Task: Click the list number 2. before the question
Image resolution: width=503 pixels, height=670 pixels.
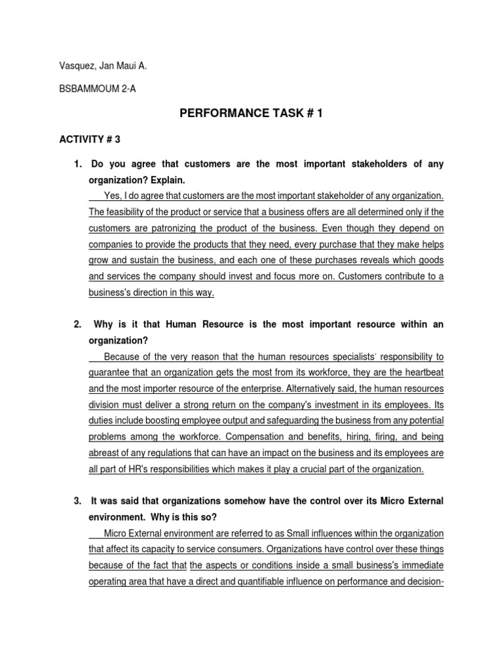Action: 77,325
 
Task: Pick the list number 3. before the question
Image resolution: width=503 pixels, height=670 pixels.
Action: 77,501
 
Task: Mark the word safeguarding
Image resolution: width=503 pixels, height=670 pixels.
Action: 295,421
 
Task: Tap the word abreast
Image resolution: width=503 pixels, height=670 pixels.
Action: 104,453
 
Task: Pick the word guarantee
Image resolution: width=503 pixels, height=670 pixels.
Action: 111,373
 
